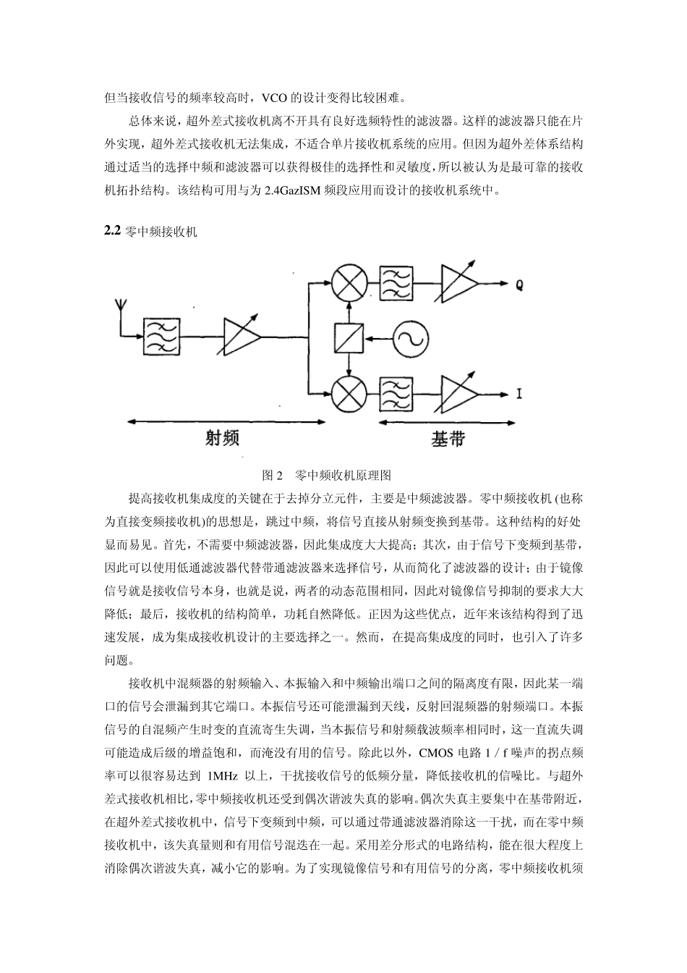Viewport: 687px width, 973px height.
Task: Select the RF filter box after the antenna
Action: click(163, 337)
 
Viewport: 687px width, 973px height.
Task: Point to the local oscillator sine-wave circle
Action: click(411, 338)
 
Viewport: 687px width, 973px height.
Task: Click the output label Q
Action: click(519, 285)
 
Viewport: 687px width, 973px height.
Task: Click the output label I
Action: click(519, 395)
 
